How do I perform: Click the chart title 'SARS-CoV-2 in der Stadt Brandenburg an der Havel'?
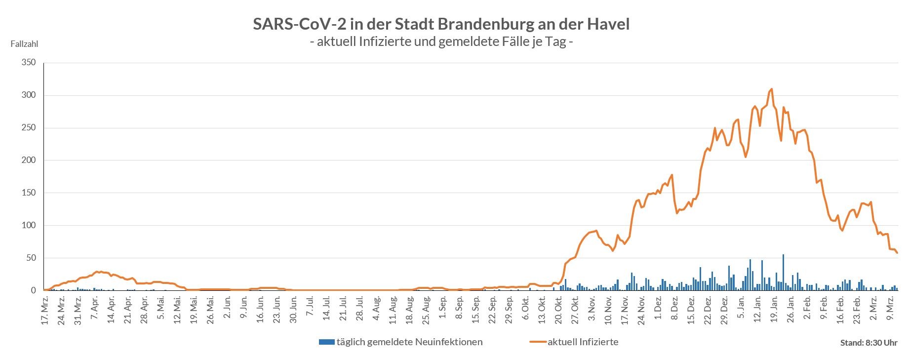point(441,24)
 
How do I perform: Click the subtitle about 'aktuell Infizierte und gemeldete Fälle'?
point(441,41)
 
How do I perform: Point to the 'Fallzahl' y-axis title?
point(24,44)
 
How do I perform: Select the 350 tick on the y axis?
point(29,63)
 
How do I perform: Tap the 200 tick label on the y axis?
point(29,160)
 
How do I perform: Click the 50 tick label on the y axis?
point(31,258)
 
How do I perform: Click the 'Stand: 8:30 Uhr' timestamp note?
point(869,343)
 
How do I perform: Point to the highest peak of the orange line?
point(771,89)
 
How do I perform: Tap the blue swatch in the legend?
point(327,342)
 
